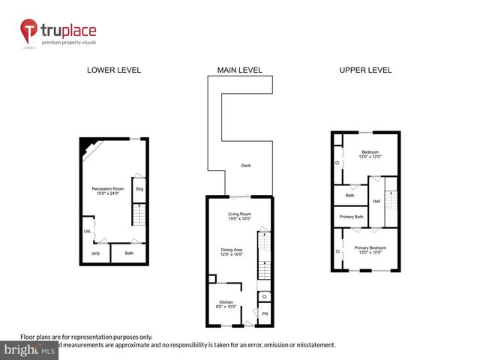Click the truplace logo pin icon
(29, 31)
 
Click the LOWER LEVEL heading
(114, 70)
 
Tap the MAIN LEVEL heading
(239, 70)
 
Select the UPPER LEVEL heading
(365, 70)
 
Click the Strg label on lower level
(139, 189)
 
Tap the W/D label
(95, 253)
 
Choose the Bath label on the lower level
(129, 253)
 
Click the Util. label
(88, 231)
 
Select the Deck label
(245, 166)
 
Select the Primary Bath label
(350, 217)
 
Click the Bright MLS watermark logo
(30, 349)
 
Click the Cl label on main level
(265, 297)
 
